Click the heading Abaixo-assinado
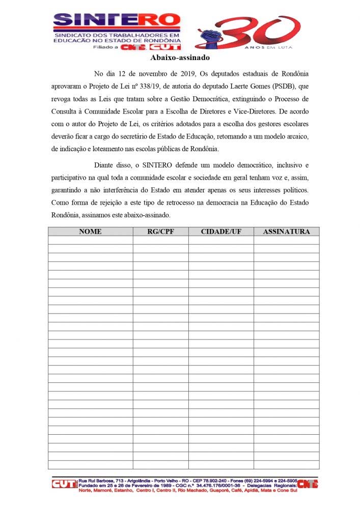tap(180, 58)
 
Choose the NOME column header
tap(90, 232)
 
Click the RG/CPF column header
tap(160, 232)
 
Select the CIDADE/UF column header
tap(221, 232)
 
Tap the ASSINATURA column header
tap(286, 232)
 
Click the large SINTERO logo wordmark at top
tap(117, 20)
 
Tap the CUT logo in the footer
tap(64, 484)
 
